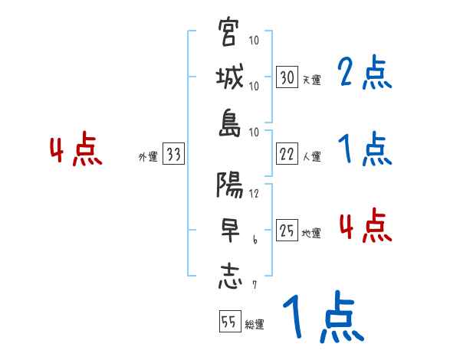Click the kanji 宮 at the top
click(229, 34)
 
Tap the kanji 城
click(229, 80)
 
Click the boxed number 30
click(287, 77)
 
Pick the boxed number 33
click(173, 155)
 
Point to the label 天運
click(311, 80)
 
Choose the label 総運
click(255, 325)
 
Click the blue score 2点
click(365, 74)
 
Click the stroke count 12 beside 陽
click(255, 194)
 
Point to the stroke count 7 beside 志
click(255, 286)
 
